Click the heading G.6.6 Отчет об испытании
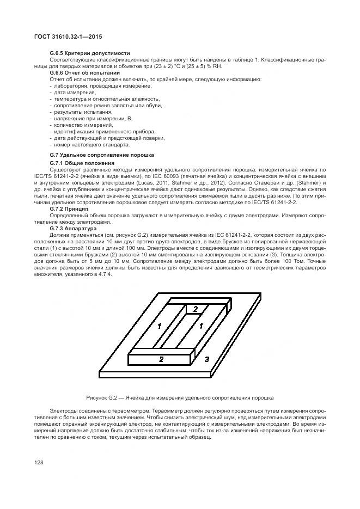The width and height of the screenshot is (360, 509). pyautogui.click(x=84, y=72)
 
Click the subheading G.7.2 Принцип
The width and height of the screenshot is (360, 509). pyautogui.click(x=69, y=208)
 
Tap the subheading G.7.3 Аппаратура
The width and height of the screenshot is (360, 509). pyautogui.click(x=73, y=229)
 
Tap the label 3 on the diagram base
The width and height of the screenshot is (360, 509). pyautogui.click(x=206, y=360)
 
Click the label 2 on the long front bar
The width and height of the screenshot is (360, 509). pyautogui.click(x=161, y=359)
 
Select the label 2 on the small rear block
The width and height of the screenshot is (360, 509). pyautogui.click(x=196, y=309)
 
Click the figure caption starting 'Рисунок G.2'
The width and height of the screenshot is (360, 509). pyautogui.click(x=179, y=398)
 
